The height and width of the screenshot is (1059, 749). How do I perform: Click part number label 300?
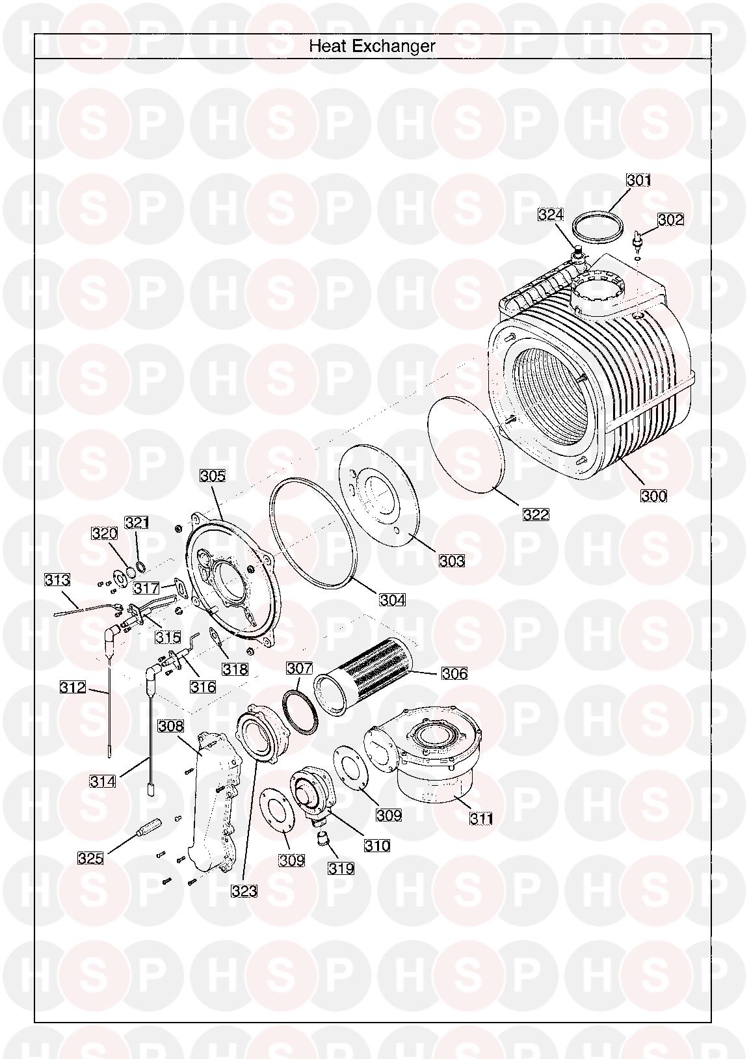click(653, 496)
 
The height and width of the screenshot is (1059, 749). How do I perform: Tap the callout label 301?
click(638, 180)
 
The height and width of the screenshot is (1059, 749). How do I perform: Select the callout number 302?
click(670, 219)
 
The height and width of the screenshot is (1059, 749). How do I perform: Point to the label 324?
click(551, 215)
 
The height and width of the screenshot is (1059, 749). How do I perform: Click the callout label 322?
click(536, 515)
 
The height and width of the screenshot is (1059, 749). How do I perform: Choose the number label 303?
click(452, 561)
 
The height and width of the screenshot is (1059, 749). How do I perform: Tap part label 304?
click(392, 600)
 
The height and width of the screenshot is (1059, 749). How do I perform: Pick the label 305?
click(213, 476)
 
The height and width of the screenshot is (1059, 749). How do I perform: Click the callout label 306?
click(454, 673)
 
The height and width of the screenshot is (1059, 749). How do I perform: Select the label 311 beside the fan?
click(481, 818)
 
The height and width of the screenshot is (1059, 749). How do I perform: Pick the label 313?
click(57, 580)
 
